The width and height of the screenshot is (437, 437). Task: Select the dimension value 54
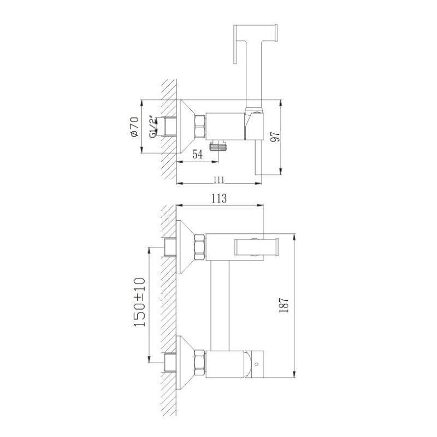198,155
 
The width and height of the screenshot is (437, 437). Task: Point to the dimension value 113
218,199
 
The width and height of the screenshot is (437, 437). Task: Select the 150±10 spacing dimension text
139,303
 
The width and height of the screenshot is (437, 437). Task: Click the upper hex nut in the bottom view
200,247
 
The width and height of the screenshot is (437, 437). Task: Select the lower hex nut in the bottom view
200,361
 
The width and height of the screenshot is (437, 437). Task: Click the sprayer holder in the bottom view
256,247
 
